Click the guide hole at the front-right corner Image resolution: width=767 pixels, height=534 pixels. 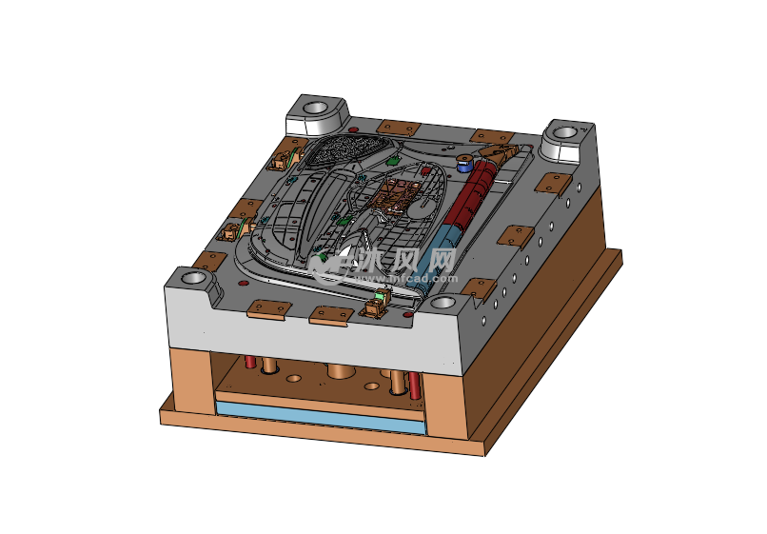pyautogui.click(x=442, y=304)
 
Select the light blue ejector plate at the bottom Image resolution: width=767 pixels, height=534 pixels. pyautogui.click(x=319, y=417)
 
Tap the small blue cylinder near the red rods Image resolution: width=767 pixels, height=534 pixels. pyautogui.click(x=464, y=164)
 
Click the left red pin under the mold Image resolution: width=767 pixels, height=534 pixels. pyautogui.click(x=250, y=362)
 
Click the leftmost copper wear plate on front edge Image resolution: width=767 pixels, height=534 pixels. pyautogui.click(x=268, y=307)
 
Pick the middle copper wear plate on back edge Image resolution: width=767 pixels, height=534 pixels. pyautogui.click(x=398, y=128)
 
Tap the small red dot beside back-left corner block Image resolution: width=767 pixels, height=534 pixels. pyautogui.click(x=354, y=129)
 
